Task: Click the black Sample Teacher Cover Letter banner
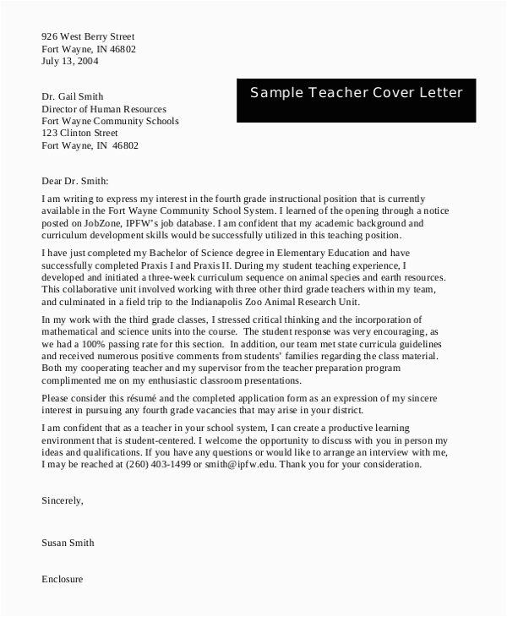[357, 93]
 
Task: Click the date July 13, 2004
[70, 62]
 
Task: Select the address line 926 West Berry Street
[88, 37]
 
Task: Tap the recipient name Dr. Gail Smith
[73, 97]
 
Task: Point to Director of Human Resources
[104, 109]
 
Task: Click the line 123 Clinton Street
[79, 133]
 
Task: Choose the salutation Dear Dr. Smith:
[75, 181]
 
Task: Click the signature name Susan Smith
[68, 543]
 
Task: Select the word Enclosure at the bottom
[63, 580]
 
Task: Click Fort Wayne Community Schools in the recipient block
[111, 121]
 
